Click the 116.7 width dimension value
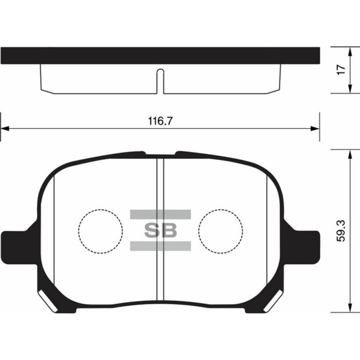pos(160,121)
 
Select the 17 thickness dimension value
pos(340,70)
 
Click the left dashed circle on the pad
pos(101,231)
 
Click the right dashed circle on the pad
pos(221,231)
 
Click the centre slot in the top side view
pos(160,80)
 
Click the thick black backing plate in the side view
pos(160,56)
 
